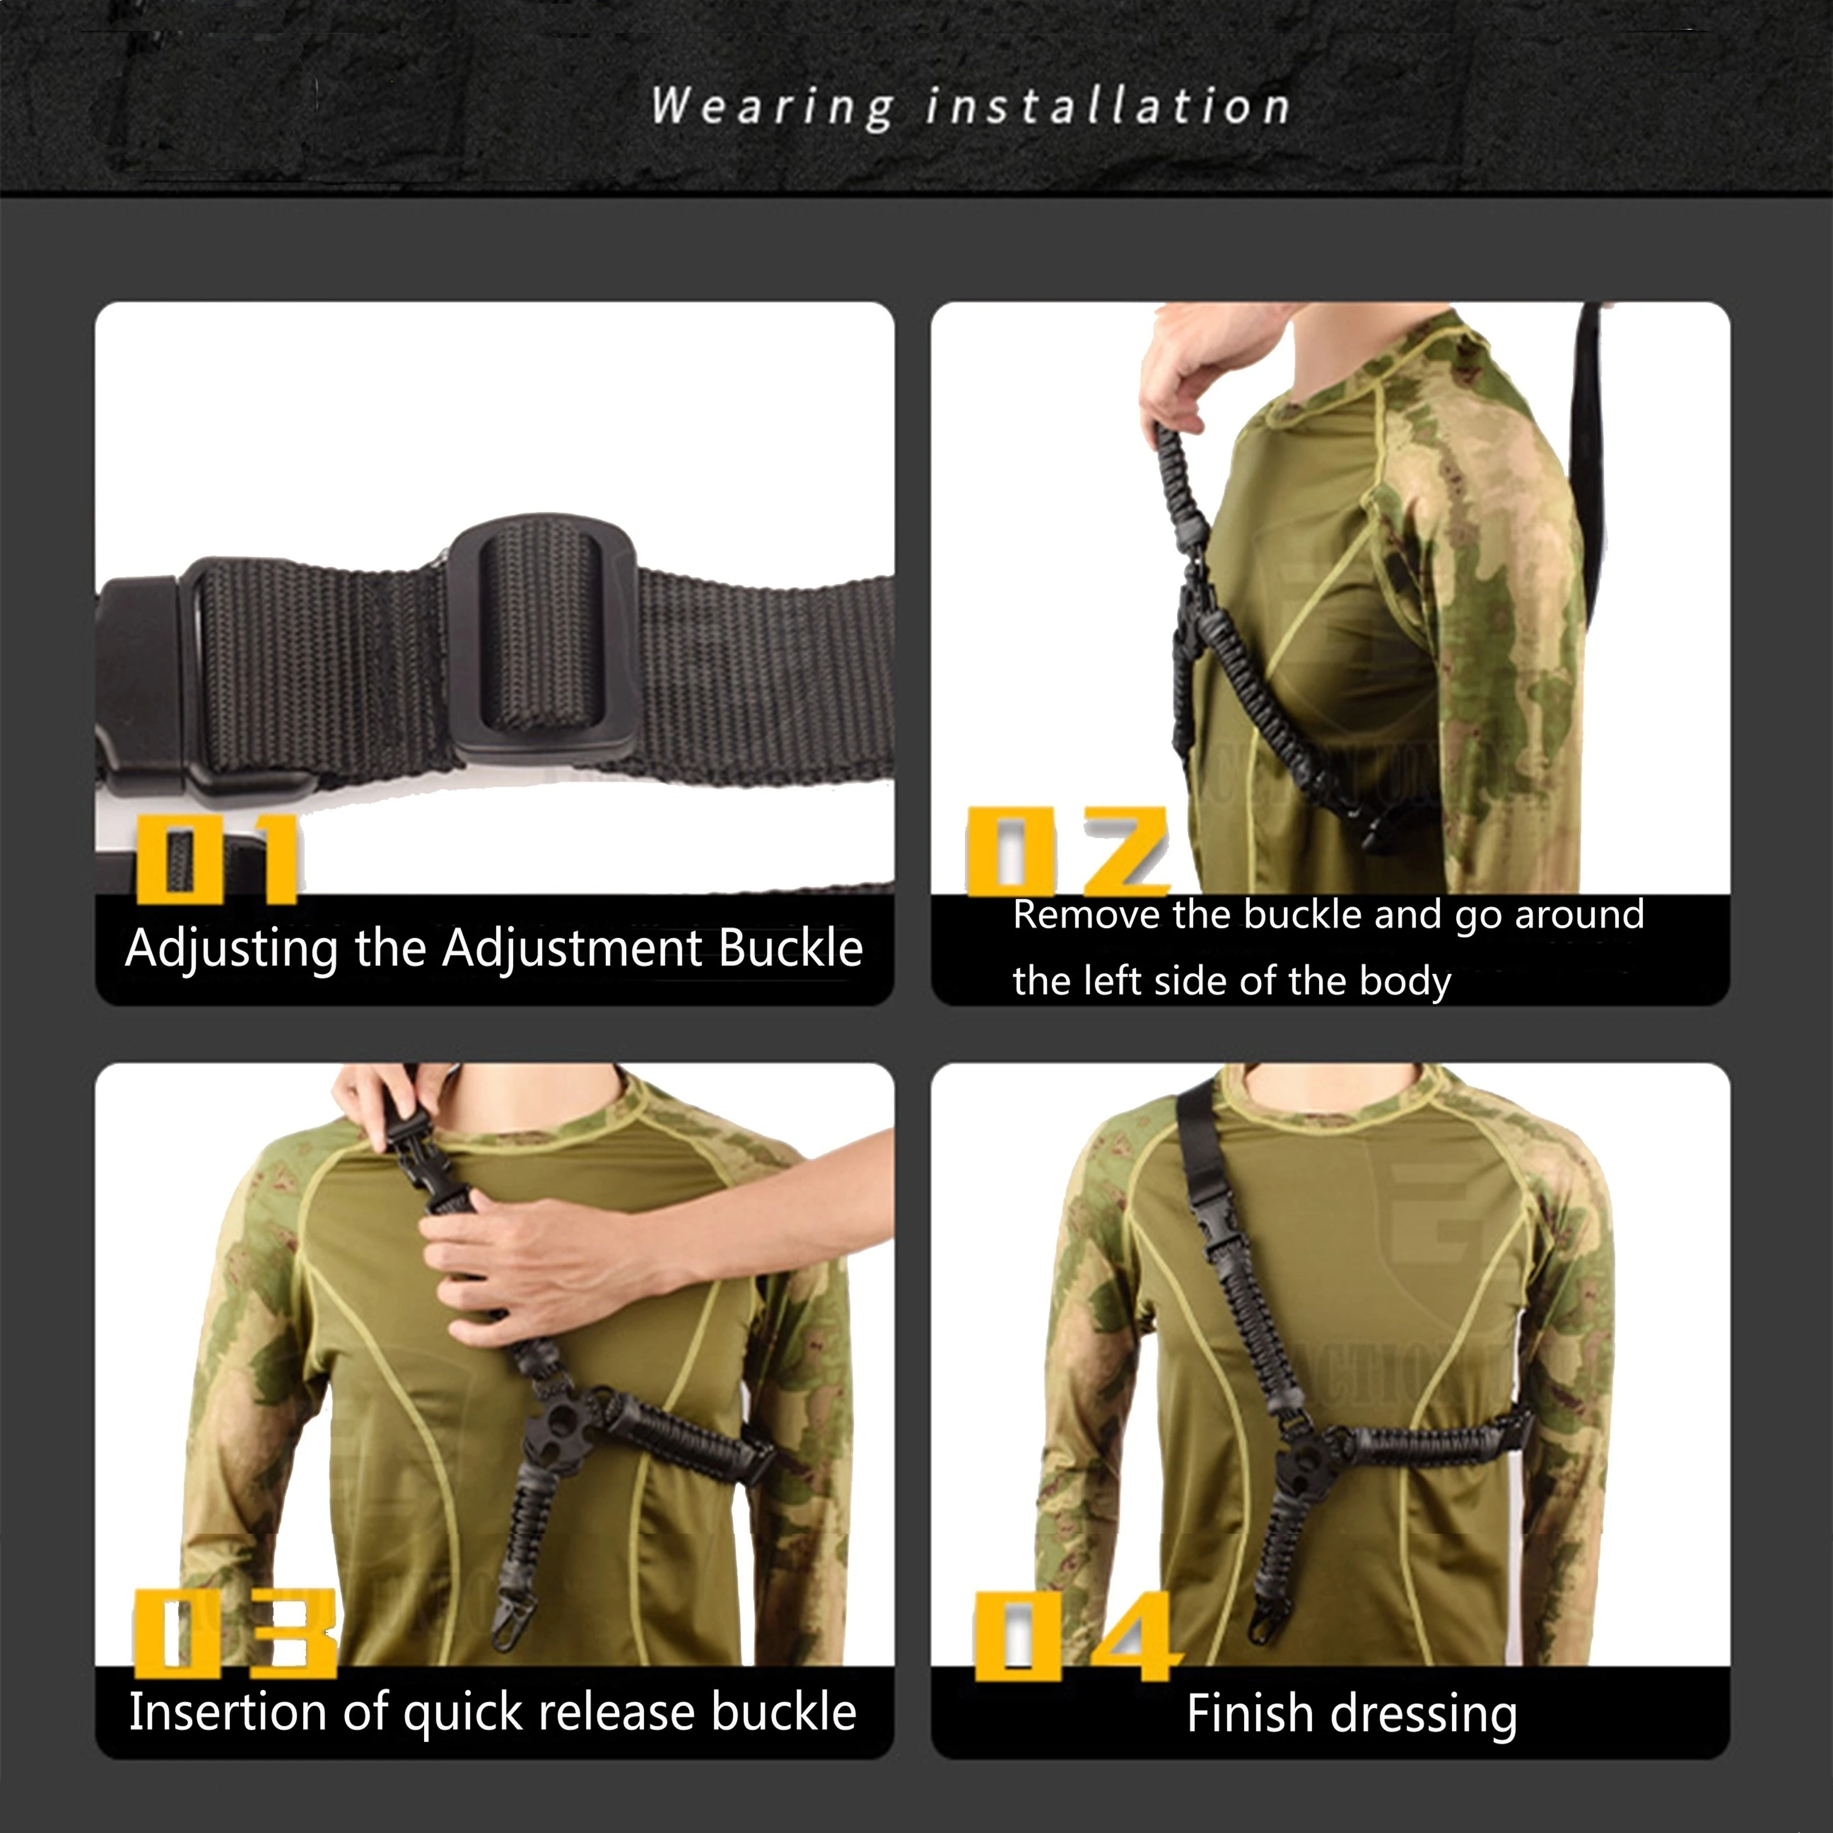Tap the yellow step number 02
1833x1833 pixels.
point(1067,851)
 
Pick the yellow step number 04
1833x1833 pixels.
point(1078,1636)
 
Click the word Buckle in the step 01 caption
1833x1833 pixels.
point(790,948)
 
